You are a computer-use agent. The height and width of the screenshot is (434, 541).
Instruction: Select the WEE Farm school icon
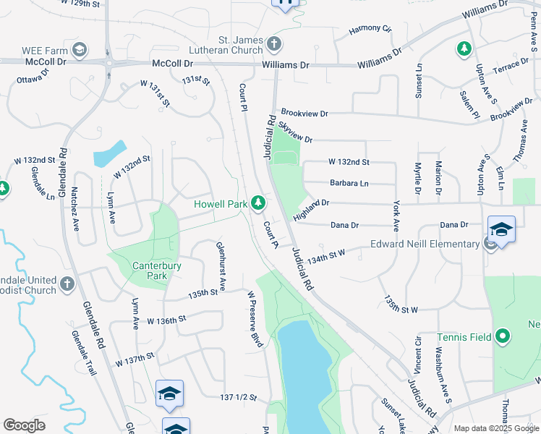pos(80,50)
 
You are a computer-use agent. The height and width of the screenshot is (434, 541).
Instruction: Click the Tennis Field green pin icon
pos(505,336)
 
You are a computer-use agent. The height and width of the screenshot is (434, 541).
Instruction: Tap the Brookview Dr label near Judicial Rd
pos(304,114)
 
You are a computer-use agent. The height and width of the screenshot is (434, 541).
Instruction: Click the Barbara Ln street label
pos(349,184)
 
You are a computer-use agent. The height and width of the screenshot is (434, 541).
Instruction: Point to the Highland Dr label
pos(311,211)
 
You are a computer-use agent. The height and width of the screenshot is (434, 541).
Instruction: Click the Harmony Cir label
pos(370,29)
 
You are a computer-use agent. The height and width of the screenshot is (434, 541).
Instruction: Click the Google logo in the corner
pos(24,425)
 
